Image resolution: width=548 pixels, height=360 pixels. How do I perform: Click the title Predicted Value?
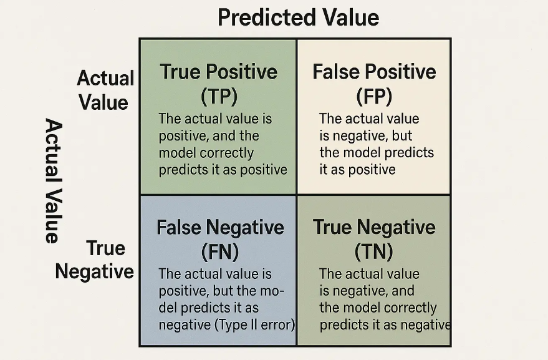pos(298,17)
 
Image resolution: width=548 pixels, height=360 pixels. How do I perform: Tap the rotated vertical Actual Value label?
pos(54,180)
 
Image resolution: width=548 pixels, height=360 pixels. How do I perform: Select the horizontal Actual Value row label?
pos(105,90)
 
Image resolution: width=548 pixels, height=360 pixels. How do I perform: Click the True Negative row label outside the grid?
pos(95,260)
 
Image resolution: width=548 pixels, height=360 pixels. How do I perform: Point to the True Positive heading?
pos(219,72)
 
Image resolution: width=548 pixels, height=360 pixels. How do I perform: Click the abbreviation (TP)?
pos(219,95)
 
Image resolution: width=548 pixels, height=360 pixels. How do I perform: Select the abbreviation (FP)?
pos(374,95)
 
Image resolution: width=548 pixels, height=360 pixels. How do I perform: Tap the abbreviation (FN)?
pos(220,251)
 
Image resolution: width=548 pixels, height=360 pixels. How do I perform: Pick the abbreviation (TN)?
pos(373,251)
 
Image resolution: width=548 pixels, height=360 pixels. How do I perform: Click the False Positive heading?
pos(374,72)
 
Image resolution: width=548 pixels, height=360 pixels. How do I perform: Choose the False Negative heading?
pos(220,227)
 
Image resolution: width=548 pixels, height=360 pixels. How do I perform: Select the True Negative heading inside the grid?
pos(374,227)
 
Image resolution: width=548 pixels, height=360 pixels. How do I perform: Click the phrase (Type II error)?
pos(254,325)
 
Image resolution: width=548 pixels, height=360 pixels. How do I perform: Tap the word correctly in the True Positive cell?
pos(231,153)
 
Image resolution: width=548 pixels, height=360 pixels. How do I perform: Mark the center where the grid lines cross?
pos(296,195)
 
